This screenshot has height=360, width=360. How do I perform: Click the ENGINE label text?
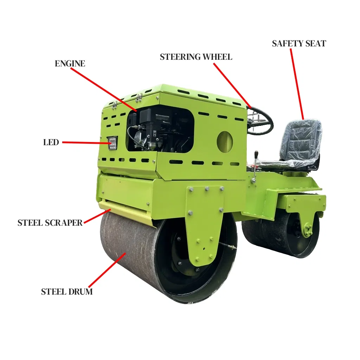coord(70,64)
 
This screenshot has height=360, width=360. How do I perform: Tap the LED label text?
coord(51,142)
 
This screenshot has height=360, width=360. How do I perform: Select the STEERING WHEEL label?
coord(196,57)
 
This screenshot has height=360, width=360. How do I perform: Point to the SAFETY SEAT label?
coord(299,43)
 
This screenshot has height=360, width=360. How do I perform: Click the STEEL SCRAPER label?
coord(50,223)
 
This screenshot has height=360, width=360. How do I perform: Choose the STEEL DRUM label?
coord(67,291)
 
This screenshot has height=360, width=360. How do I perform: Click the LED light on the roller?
coord(112,143)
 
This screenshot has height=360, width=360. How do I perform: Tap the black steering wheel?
coord(261,121)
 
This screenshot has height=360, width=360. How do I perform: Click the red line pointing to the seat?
coord(297,84)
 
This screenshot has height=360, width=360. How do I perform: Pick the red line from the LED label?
coord(86,143)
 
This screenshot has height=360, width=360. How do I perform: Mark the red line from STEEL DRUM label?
coord(107,270)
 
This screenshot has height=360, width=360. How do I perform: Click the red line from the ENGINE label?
coord(104,90)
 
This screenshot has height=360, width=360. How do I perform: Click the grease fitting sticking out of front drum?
coord(228,245)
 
